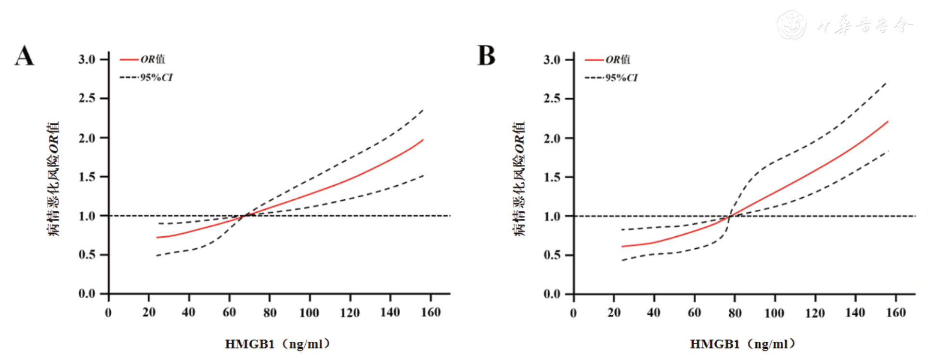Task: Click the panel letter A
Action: click(x=24, y=56)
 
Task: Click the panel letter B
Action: click(x=486, y=56)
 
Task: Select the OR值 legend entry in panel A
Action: click(x=142, y=59)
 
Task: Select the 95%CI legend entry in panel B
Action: click(x=611, y=77)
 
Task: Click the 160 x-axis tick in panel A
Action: click(x=431, y=313)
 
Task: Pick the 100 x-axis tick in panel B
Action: click(x=774, y=313)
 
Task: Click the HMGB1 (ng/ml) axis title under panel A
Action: click(x=278, y=344)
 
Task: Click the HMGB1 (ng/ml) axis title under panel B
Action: click(x=743, y=344)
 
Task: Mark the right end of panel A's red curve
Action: click(x=423, y=140)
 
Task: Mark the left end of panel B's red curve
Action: click(x=622, y=246)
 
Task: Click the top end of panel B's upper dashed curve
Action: click(x=887, y=82)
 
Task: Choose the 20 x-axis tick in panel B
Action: click(x=614, y=313)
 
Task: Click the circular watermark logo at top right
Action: click(x=791, y=24)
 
